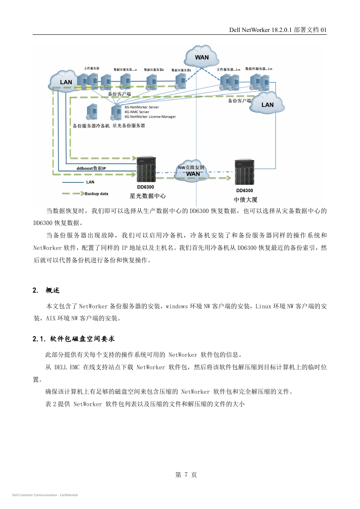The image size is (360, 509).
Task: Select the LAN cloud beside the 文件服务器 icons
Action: (63, 82)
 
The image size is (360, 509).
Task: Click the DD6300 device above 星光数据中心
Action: (146, 169)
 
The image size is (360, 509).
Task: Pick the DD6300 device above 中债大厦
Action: (244, 172)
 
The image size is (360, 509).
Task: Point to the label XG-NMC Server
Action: (137, 112)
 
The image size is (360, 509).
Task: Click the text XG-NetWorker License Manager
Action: (150, 117)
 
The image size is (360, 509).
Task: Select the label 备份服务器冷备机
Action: (91, 126)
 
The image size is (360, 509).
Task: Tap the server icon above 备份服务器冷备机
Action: (92, 112)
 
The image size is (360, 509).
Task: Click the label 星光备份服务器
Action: (129, 126)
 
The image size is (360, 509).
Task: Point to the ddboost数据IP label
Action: (91, 168)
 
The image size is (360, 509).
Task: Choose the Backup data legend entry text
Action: (96, 194)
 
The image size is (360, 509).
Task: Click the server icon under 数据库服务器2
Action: (151, 82)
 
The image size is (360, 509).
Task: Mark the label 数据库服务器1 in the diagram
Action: (181, 70)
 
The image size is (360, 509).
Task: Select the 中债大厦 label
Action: (246, 200)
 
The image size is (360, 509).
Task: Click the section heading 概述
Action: (53, 290)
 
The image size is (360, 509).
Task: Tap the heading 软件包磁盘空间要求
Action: (82, 339)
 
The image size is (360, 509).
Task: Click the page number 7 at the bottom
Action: (186, 475)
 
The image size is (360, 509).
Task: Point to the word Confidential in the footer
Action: (69, 495)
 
